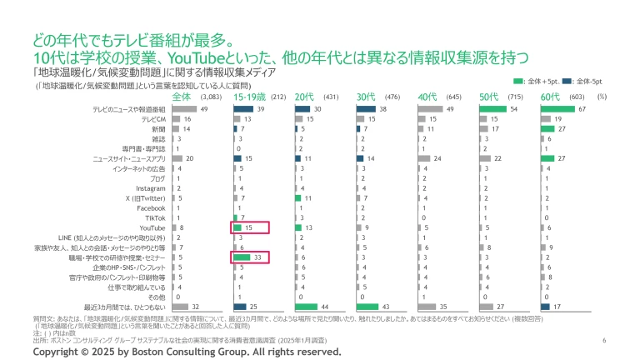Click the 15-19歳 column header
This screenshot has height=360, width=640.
pyautogui.click(x=251, y=97)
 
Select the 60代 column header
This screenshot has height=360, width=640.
pyautogui.click(x=551, y=97)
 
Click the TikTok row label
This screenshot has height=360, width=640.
pyautogui.click(x=156, y=217)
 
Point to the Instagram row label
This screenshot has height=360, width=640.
pyautogui.click(x=151, y=188)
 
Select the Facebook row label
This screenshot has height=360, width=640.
pyautogui.click(x=152, y=207)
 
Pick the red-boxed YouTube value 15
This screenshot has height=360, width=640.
pyautogui.click(x=249, y=227)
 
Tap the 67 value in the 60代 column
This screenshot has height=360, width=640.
pyautogui.click(x=582, y=109)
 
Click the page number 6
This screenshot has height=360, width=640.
pyautogui.click(x=603, y=341)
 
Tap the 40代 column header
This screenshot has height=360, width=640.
pyautogui.click(x=429, y=97)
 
